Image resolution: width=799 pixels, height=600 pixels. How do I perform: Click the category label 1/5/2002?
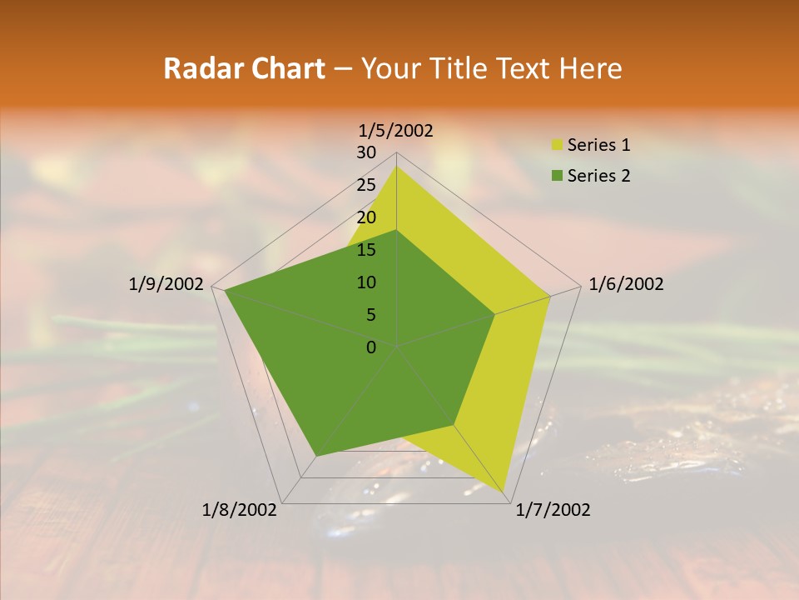tap(396, 130)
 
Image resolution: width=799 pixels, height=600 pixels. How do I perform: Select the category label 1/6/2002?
tap(626, 284)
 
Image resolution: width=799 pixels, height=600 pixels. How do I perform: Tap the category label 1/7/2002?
tap(553, 510)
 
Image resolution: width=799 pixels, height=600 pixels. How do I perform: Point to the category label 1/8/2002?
tap(240, 510)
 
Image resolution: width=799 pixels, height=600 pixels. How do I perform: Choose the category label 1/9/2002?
tap(166, 284)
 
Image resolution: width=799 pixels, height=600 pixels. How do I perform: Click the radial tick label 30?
tap(366, 152)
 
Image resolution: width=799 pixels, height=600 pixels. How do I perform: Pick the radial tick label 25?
tap(366, 185)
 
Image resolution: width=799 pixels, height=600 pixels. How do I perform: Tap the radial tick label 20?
tap(366, 217)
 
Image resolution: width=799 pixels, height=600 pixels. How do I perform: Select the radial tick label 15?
tap(366, 250)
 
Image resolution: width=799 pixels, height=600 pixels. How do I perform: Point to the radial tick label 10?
tap(366, 282)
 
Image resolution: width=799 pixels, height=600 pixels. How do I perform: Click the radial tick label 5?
tap(370, 315)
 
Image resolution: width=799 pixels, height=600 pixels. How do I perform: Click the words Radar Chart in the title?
tap(244, 68)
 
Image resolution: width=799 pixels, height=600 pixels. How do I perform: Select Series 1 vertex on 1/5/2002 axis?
tap(396, 166)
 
